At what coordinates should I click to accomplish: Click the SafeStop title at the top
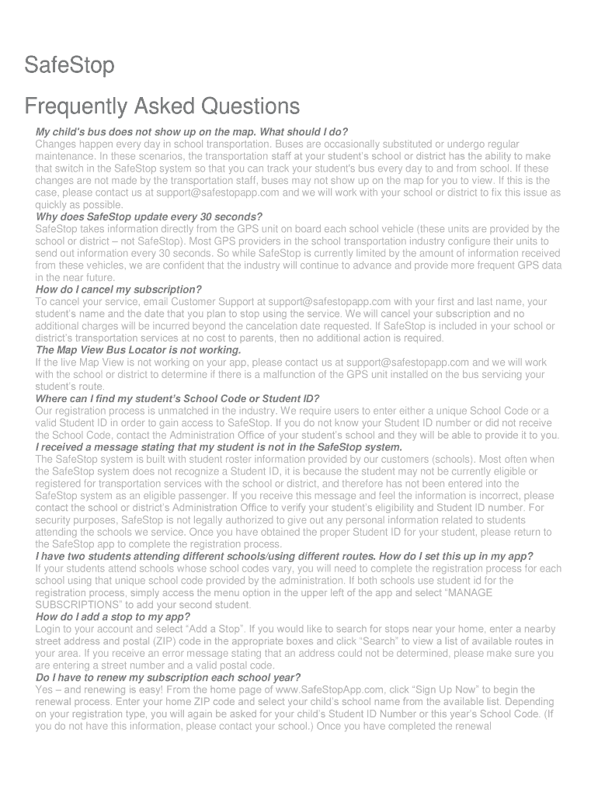tap(69, 66)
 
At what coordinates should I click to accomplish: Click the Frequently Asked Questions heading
tap(162, 106)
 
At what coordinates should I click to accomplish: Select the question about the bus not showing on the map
tap(192, 132)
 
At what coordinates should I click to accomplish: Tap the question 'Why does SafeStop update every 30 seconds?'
tap(149, 217)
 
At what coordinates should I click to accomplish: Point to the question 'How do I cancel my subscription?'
tap(119, 290)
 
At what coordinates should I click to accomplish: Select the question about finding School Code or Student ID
tap(177, 399)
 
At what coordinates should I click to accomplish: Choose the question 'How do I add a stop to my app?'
tap(113, 617)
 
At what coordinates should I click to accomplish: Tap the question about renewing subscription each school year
tap(168, 678)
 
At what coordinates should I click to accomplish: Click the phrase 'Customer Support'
tap(221, 302)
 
